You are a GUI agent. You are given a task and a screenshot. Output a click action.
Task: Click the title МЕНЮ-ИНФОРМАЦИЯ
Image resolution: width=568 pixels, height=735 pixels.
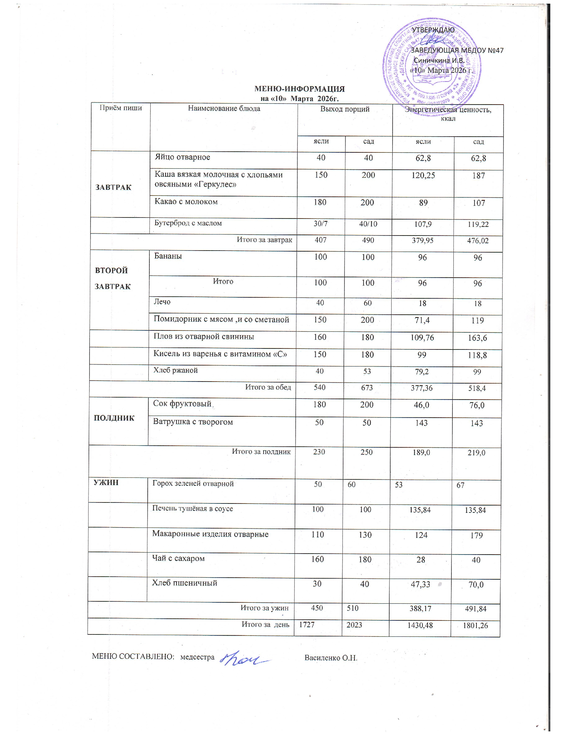[x=299, y=89]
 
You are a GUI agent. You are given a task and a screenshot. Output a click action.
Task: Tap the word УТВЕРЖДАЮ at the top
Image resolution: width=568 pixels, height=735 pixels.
[x=433, y=30]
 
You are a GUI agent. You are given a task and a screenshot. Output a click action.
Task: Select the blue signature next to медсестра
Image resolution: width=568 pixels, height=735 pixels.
[x=245, y=658]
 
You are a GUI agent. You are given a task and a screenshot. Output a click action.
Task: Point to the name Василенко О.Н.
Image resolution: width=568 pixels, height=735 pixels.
[x=330, y=657]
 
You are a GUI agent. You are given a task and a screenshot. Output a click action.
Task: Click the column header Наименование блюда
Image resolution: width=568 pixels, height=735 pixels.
[x=224, y=108]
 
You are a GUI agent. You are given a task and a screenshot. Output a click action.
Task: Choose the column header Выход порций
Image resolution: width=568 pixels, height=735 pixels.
[x=344, y=109]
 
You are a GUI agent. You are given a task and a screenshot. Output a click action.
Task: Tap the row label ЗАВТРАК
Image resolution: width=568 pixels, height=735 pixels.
[x=113, y=187]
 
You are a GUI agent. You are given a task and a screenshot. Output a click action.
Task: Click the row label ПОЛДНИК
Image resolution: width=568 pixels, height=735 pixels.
[x=114, y=418]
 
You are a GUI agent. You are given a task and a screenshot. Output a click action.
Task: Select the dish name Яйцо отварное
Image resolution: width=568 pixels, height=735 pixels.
[x=182, y=157]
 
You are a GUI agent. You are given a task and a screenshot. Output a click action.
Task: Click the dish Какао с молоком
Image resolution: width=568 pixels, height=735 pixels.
[x=186, y=201]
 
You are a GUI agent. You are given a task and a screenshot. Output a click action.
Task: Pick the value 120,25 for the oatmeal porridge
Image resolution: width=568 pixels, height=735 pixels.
[x=423, y=175]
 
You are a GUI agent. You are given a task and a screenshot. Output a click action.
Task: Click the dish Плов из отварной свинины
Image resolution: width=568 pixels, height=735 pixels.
[x=203, y=336]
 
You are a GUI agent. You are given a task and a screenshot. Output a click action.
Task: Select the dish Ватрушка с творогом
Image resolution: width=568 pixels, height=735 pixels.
[x=193, y=422]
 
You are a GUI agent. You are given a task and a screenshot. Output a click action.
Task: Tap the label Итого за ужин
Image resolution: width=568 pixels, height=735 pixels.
[x=265, y=608]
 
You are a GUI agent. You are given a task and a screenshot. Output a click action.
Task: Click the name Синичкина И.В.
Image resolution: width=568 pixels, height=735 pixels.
[x=439, y=60]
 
